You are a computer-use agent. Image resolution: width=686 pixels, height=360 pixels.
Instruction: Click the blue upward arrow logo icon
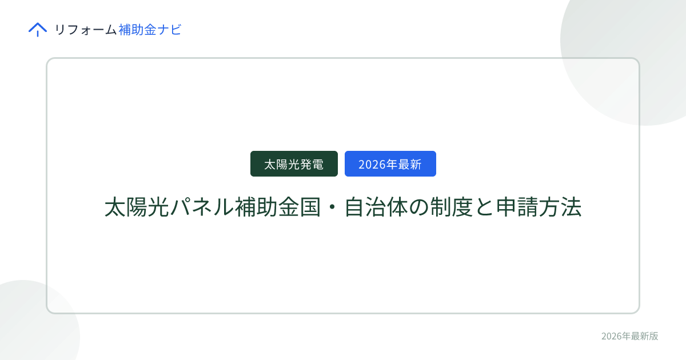pos(38,29)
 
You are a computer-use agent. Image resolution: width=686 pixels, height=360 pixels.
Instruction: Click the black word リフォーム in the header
pos(85,30)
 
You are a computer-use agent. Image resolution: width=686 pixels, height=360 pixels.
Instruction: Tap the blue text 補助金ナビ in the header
pos(150,30)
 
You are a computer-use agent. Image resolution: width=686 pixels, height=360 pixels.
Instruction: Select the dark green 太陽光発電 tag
pos(294,164)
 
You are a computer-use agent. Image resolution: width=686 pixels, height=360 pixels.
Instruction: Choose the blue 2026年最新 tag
pos(390,164)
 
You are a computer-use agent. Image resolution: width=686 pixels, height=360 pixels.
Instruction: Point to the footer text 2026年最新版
pos(629,336)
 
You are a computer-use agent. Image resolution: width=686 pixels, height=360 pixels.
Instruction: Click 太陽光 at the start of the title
pos(137,207)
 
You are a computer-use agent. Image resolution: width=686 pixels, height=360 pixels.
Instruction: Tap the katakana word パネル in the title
pos(201,207)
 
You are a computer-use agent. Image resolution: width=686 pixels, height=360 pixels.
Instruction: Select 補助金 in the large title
pos(267,207)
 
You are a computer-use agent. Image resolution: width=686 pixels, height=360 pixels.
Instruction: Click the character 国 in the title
pos(310,207)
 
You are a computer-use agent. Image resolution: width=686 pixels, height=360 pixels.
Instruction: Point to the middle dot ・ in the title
pos(332,207)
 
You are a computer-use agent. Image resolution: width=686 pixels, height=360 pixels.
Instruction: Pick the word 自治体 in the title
pos(376,207)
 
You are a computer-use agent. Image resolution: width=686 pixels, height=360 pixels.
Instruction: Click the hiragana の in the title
pos(418,207)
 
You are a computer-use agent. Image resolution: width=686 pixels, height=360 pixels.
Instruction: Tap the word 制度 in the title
pos(452,207)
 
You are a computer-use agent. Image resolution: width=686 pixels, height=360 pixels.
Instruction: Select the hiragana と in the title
pos(484,207)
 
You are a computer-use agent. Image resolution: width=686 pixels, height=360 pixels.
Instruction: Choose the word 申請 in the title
pos(517,207)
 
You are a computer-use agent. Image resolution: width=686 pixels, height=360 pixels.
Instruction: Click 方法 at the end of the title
pos(560,207)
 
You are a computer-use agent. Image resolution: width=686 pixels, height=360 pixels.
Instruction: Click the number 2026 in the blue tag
pos(372,165)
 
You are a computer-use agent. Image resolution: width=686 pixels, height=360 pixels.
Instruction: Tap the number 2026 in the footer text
pos(611,336)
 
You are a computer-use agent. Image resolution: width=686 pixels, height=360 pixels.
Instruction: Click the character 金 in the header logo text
pos(150,30)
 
